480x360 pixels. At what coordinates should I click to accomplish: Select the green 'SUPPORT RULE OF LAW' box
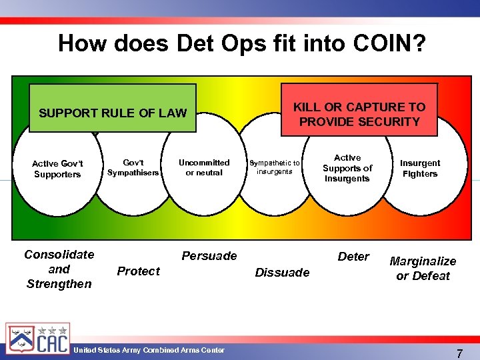click(x=113, y=113)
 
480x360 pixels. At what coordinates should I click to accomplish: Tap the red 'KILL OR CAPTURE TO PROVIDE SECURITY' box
click(x=359, y=114)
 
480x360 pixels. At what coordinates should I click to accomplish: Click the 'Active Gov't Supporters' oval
click(x=57, y=169)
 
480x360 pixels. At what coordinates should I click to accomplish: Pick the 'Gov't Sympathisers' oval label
click(x=133, y=167)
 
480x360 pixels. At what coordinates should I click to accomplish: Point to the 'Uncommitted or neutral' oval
click(x=204, y=167)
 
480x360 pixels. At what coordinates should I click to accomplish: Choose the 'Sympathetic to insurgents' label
click(x=274, y=167)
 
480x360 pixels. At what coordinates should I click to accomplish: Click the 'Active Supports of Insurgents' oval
click(x=347, y=168)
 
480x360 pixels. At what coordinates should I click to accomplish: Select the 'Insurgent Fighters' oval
click(x=420, y=168)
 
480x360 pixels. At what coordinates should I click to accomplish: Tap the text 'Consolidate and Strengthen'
click(x=59, y=269)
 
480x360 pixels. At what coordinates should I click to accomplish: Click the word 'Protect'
click(x=138, y=271)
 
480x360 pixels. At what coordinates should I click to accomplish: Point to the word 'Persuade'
click(x=209, y=256)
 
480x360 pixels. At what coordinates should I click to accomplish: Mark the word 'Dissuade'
click(x=282, y=272)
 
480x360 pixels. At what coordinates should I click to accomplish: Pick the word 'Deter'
click(x=353, y=257)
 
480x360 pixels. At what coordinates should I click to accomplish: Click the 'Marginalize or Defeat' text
click(x=423, y=269)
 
